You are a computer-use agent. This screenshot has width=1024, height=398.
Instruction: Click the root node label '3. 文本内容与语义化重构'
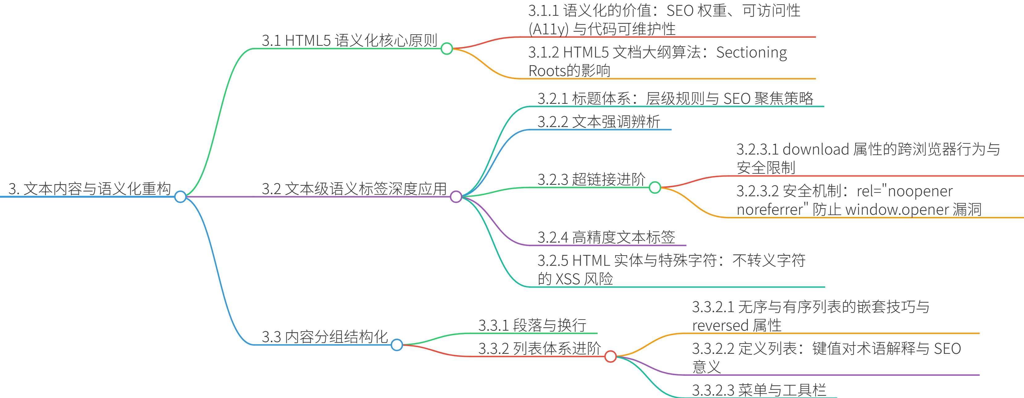pos(90,189)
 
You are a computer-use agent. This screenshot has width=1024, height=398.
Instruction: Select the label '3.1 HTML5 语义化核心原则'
pos(349,40)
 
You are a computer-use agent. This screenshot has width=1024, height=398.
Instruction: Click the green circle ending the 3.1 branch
pos(447,49)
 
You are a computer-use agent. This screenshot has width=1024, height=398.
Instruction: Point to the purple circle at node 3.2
pos(456,197)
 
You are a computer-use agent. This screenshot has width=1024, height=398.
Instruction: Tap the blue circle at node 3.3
pos(397,345)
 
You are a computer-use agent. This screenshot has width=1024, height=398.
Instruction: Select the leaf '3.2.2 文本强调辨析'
pos(599,122)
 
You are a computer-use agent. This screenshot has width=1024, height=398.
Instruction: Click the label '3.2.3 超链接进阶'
pos(591,180)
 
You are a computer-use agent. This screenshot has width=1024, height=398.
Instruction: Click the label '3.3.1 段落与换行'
pos(532,325)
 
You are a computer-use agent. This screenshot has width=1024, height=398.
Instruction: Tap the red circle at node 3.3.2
pos(611,356)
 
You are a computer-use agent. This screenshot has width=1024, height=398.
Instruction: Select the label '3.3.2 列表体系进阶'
pos(539,348)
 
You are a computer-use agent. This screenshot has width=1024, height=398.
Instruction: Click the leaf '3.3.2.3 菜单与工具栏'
pos(759,390)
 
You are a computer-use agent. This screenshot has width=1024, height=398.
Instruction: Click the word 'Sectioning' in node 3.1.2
pos(751,53)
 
